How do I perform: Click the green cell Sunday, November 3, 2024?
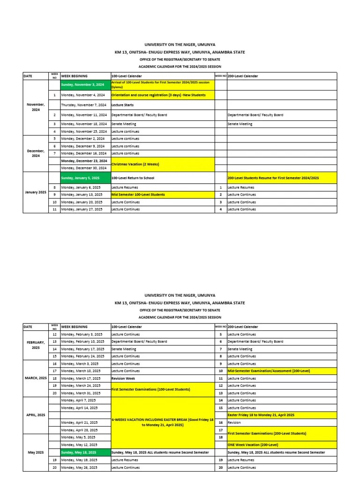click(x=85, y=84)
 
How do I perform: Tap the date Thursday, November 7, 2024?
click(x=85, y=105)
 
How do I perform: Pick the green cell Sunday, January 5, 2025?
click(x=85, y=178)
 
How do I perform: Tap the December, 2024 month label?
click(x=36, y=153)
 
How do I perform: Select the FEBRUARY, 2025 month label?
click(x=36, y=345)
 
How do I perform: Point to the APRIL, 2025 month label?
click(x=36, y=415)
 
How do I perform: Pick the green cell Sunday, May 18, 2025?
click(x=85, y=452)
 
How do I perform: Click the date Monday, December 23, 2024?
click(x=85, y=161)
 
